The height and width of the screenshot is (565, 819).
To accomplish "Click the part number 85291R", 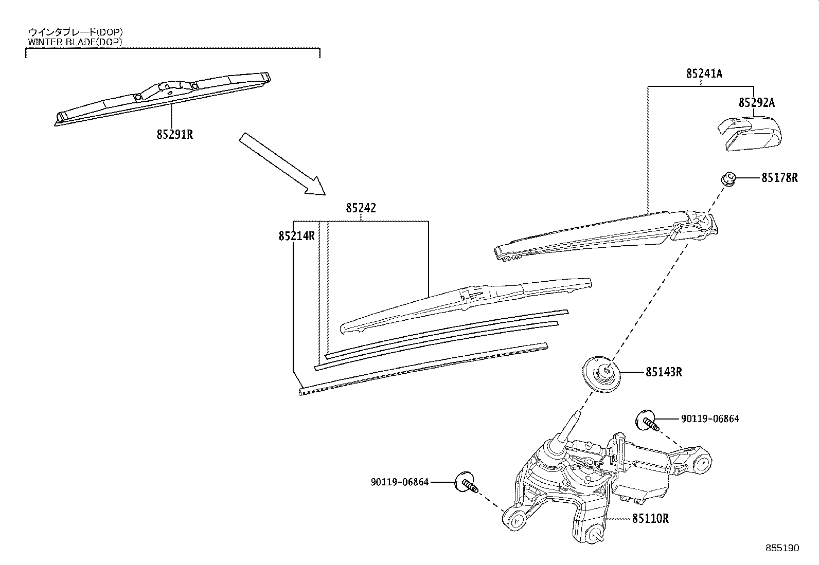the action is (x=175, y=135).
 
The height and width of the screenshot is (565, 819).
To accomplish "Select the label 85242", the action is (x=361, y=208).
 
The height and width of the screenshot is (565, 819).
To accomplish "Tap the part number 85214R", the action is (x=296, y=236).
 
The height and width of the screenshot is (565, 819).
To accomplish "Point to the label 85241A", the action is (x=704, y=74).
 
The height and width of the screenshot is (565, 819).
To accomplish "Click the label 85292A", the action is (x=756, y=103).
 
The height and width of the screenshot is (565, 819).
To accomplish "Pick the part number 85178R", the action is (x=779, y=177).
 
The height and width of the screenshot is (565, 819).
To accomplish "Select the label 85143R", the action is (x=664, y=372).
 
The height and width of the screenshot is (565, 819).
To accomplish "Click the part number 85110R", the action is (x=650, y=519).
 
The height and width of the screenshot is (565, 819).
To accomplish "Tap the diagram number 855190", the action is (x=782, y=548).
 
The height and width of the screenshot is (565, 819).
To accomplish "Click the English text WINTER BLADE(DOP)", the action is (x=75, y=42).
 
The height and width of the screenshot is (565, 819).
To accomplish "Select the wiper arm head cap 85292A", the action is (x=749, y=133).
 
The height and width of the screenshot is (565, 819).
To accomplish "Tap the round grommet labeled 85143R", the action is (x=601, y=375).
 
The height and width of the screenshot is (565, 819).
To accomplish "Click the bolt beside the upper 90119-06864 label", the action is (x=648, y=421).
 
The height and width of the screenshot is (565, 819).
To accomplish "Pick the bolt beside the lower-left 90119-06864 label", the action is (x=466, y=483).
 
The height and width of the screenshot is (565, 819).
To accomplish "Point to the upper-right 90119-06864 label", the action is (x=709, y=419).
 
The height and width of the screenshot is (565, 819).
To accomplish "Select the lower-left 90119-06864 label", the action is (x=400, y=482).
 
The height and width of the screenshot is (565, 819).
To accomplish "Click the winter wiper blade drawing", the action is (x=163, y=99).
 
